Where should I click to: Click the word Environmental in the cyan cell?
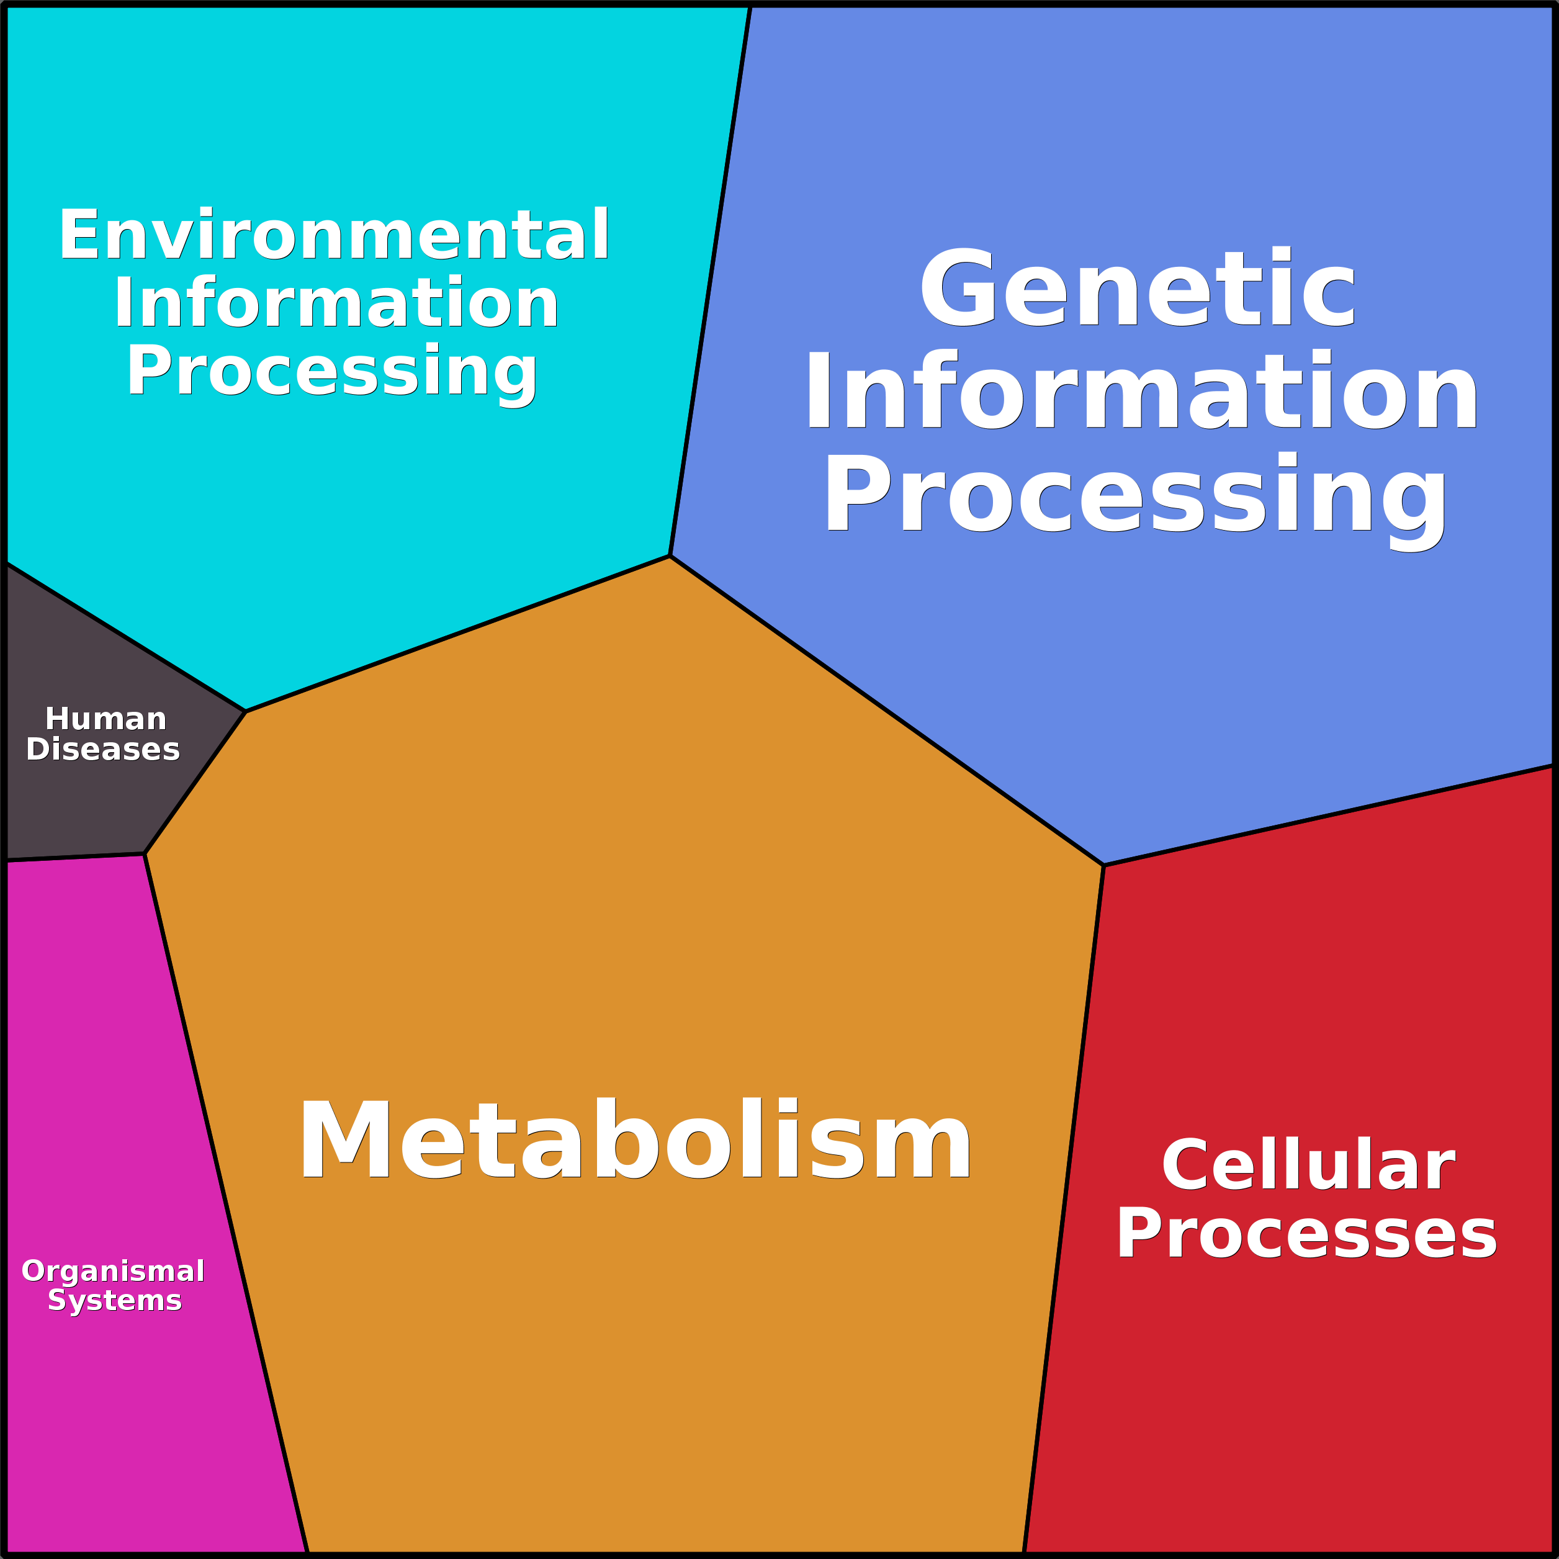pos(334,234)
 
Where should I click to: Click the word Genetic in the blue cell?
pos(1138,287)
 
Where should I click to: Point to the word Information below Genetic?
pos(1141,390)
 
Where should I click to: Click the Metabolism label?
pos(636,1139)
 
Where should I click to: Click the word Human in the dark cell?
pos(106,718)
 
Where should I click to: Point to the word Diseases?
pos(103,749)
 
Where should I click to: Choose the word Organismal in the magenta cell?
pos(113,1270)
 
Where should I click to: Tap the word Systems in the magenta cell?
pos(115,1300)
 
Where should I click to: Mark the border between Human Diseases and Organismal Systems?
pos(75,857)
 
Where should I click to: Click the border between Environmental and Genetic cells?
pos(710,281)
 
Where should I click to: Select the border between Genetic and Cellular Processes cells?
pos(1328,815)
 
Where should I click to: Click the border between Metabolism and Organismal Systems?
pos(226,1204)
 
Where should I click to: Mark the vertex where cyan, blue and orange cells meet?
pos(670,556)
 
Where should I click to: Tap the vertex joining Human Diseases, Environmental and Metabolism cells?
pos(245,712)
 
